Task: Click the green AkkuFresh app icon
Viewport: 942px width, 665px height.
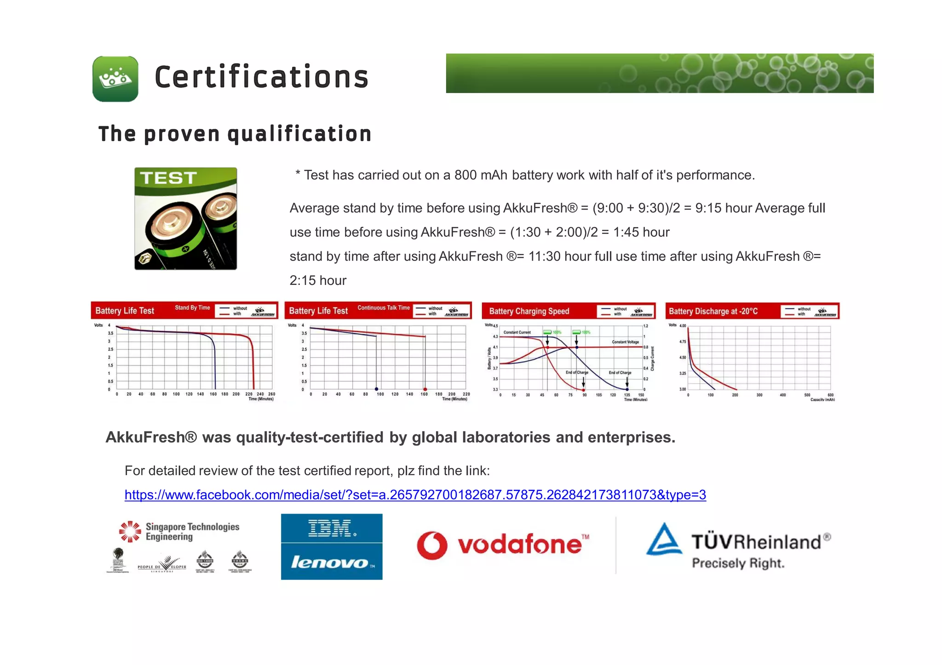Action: [115, 79]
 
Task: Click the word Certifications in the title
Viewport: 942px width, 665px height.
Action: [261, 77]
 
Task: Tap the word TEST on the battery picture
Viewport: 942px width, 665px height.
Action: [168, 178]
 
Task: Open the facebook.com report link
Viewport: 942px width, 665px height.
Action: [415, 494]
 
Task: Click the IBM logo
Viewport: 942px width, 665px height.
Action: [332, 529]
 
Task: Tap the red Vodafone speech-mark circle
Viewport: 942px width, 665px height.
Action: [432, 545]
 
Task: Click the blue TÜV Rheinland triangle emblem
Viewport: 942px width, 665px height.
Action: [664, 540]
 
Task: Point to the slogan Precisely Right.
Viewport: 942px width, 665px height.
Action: [738, 563]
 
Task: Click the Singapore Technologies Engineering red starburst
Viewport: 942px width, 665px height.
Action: [130, 531]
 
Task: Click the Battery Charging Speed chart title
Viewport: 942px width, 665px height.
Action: [529, 311]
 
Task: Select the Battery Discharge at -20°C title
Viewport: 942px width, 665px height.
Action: [713, 311]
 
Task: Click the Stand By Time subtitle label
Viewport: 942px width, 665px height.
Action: [192, 307]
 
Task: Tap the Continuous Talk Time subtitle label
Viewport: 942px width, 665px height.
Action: [383, 307]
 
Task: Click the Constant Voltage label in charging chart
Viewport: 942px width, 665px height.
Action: [625, 342]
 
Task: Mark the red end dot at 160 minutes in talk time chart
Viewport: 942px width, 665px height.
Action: [425, 389]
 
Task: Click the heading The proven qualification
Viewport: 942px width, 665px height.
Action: [235, 134]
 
